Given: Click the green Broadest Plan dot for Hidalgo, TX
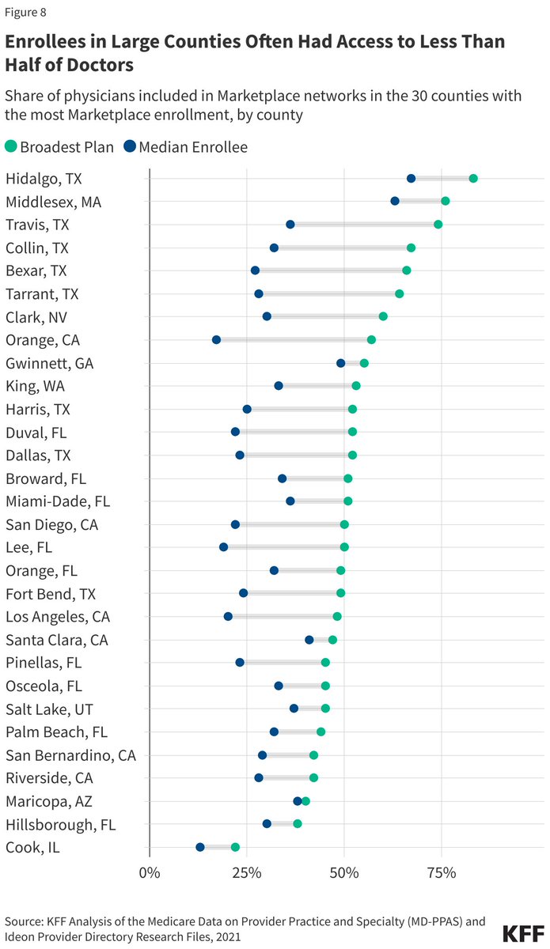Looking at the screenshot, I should (x=473, y=178).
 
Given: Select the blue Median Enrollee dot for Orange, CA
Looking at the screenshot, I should (x=216, y=339).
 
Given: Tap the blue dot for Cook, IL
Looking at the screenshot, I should (x=200, y=847).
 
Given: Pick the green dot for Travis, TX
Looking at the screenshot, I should (x=438, y=225).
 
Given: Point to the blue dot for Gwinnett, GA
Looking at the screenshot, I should (x=341, y=363).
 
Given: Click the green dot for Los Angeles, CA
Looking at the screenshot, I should (x=337, y=616).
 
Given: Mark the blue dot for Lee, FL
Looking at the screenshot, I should (x=223, y=546).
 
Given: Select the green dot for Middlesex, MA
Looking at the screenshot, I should (x=446, y=201).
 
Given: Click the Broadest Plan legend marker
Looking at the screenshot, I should (x=10, y=146).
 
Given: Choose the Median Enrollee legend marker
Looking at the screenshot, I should (x=128, y=146).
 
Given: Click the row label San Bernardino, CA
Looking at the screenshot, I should (x=70, y=754).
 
